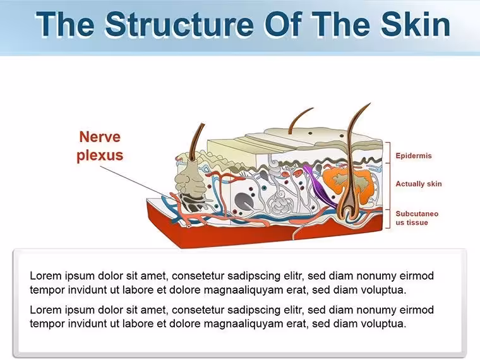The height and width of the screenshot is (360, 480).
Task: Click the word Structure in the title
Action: click(x=179, y=24)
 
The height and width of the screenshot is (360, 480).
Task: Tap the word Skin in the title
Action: click(x=416, y=24)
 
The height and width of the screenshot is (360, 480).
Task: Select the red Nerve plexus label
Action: click(x=100, y=146)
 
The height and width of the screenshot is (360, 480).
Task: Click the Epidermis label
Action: click(x=414, y=155)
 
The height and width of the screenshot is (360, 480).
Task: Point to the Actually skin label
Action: click(x=419, y=184)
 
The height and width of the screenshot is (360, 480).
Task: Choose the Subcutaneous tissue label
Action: click(x=417, y=218)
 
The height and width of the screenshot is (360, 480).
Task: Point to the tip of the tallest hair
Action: click(x=370, y=103)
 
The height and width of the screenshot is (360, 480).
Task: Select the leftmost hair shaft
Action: click(x=197, y=141)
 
